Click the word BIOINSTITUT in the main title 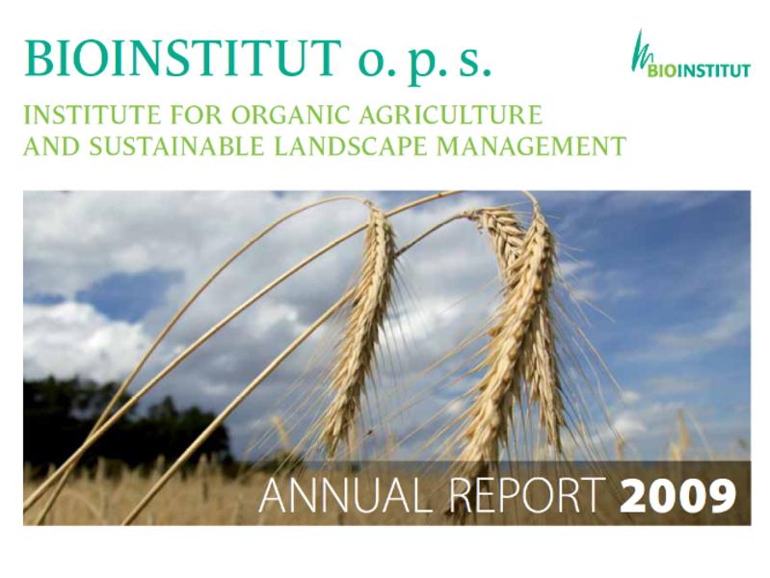[183, 59]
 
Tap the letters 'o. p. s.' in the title [424, 62]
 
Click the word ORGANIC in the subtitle [290, 115]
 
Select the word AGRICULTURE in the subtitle [450, 115]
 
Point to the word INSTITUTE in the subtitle [93, 115]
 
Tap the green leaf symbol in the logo [641, 52]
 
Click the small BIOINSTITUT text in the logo [700, 70]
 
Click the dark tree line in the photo [122, 422]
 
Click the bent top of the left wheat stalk [355, 198]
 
